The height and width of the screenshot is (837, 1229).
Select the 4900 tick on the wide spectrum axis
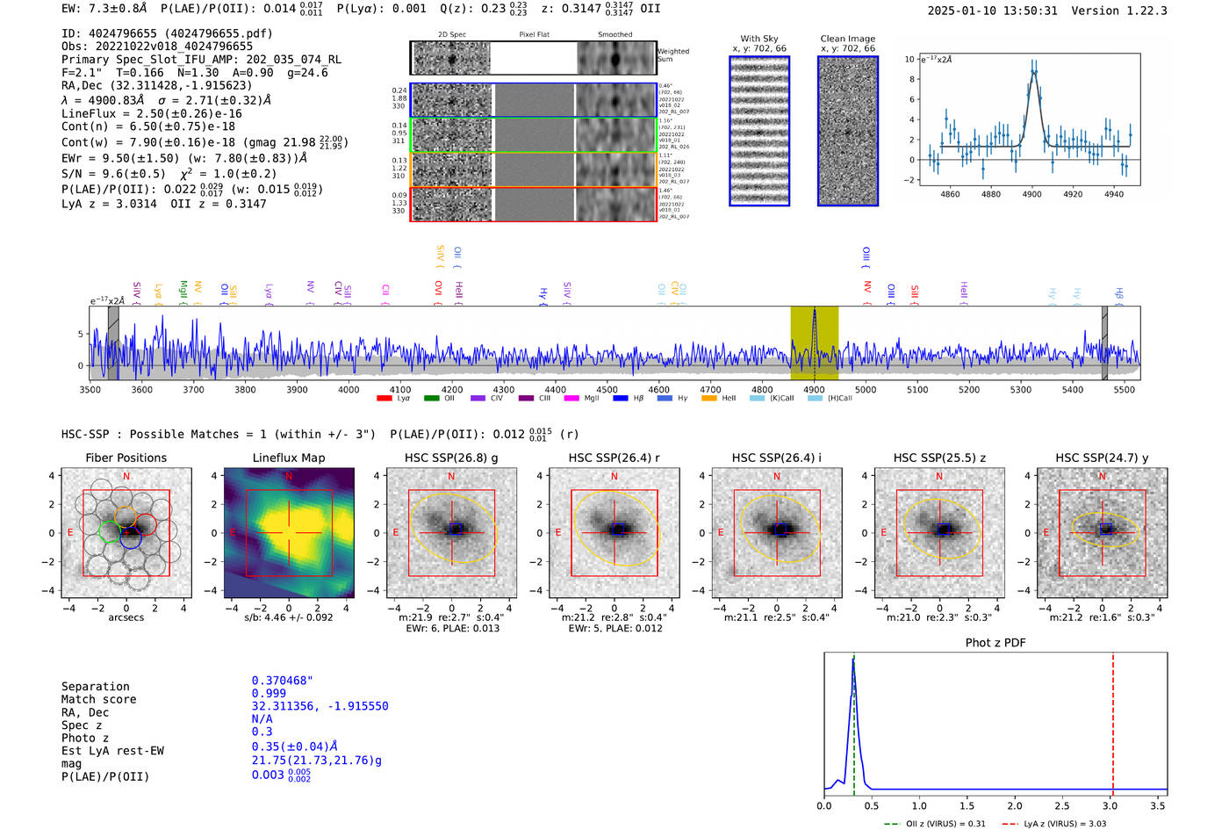814,389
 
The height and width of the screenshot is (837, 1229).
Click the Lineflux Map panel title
289,458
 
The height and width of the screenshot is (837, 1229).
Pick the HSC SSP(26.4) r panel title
614,458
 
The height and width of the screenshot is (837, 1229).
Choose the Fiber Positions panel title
126,458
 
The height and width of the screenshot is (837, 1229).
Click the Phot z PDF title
995,643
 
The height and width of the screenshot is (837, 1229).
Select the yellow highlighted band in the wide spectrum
814,343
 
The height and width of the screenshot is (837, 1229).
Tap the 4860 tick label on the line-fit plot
950,194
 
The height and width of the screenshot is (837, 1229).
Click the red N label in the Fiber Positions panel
126,476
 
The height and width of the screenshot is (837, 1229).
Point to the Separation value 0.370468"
282,681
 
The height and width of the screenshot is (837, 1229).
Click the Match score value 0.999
269,693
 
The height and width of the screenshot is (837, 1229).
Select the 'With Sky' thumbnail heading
759,39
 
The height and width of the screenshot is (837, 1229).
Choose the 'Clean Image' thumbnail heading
847,39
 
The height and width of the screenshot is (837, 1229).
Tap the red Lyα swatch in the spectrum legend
384,399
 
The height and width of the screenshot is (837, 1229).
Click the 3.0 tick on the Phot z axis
1110,805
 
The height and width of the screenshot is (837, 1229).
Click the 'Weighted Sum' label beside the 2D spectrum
673,55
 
